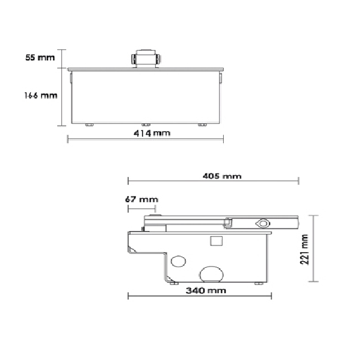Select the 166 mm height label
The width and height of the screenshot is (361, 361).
pos(40,95)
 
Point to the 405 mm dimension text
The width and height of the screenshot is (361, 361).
pos(223,176)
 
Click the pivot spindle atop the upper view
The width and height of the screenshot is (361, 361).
pos(144,59)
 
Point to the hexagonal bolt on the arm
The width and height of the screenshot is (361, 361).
pos(262,223)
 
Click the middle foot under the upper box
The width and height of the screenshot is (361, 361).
pos(144,125)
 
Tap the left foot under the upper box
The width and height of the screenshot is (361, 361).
pos(90,125)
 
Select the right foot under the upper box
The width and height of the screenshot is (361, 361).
pos(202,125)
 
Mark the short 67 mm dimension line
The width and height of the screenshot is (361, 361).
pos(142,208)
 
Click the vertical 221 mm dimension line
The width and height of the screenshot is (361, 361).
pos(313,248)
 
